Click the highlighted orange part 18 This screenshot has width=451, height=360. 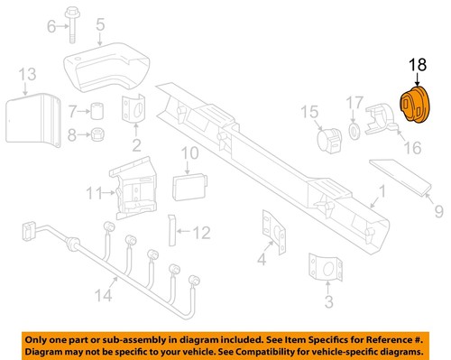[x=417, y=105]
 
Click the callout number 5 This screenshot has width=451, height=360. [x=100, y=23]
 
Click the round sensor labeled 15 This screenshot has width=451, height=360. [x=328, y=141]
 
